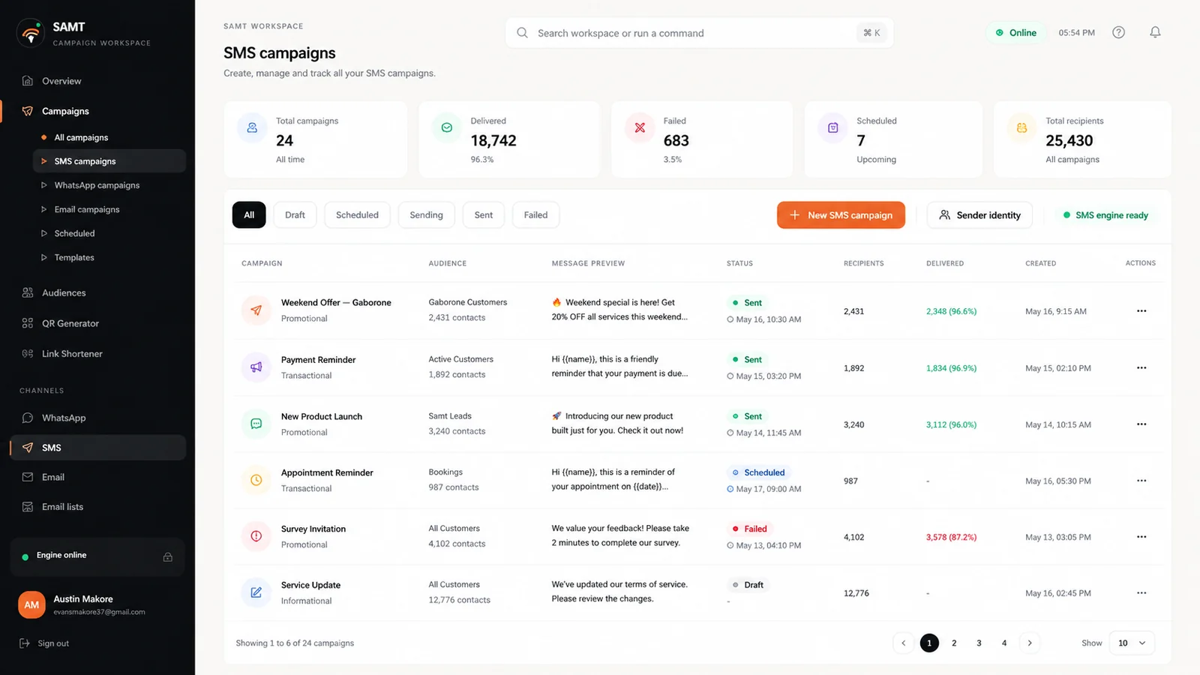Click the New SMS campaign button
(841, 214)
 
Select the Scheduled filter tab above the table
(357, 214)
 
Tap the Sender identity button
(979, 214)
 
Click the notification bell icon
(1155, 33)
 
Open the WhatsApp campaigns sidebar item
(97, 185)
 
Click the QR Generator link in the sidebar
(70, 323)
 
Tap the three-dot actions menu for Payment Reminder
(1141, 368)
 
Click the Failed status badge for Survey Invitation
(749, 529)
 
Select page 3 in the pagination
(979, 643)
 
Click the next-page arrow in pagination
(1029, 643)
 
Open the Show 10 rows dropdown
(1132, 643)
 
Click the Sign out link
(53, 643)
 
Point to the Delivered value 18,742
(493, 140)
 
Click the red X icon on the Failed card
(640, 127)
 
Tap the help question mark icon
(1118, 33)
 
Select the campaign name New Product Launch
(322, 416)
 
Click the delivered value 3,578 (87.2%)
(951, 537)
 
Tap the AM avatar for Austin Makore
(31, 604)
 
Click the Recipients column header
(863, 263)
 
